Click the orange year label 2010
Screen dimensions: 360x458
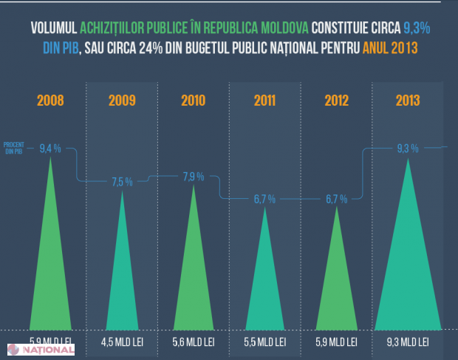[x=193, y=101]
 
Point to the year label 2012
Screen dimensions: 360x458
[x=336, y=101]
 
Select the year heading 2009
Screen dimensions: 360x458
[x=122, y=101]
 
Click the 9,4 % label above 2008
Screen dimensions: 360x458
[x=51, y=148]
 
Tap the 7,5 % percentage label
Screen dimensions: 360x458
[x=122, y=181]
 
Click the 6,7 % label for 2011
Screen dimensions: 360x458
[x=264, y=199]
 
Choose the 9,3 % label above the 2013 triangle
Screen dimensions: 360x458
[x=408, y=148]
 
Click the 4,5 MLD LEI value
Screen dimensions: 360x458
[x=122, y=342]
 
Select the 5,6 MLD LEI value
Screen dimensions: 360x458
[x=193, y=342]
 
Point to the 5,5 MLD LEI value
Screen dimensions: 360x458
[x=264, y=342]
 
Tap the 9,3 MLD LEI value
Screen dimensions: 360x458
[x=408, y=342]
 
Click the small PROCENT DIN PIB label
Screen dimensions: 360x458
[x=15, y=147]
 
